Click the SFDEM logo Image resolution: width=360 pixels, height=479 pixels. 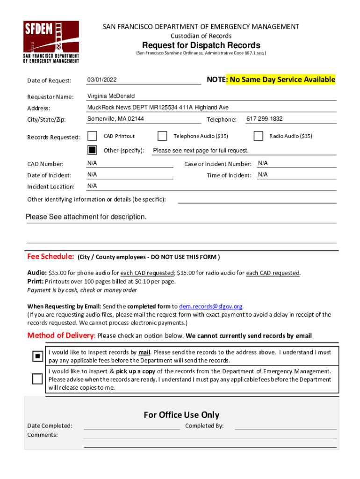[51, 42]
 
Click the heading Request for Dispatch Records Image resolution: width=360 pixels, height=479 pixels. [201, 45]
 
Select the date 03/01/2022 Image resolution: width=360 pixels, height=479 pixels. [102, 80]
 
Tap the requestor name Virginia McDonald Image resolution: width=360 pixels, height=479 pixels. [111, 96]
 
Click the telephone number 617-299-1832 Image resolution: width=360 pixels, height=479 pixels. [264, 119]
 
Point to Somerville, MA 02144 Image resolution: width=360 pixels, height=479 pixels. [115, 119]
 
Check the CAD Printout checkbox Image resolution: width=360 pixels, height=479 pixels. [93, 136]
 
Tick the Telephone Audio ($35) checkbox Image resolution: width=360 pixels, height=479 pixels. [162, 136]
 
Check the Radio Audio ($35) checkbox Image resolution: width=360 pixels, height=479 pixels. [258, 136]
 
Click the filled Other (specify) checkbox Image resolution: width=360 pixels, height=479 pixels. [93, 150]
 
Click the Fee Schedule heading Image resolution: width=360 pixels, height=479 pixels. [50, 257]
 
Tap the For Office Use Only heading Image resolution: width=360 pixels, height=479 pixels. [181, 415]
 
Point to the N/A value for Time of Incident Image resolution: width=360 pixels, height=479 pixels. [263, 174]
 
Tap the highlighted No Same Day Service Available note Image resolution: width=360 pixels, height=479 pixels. [281, 80]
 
